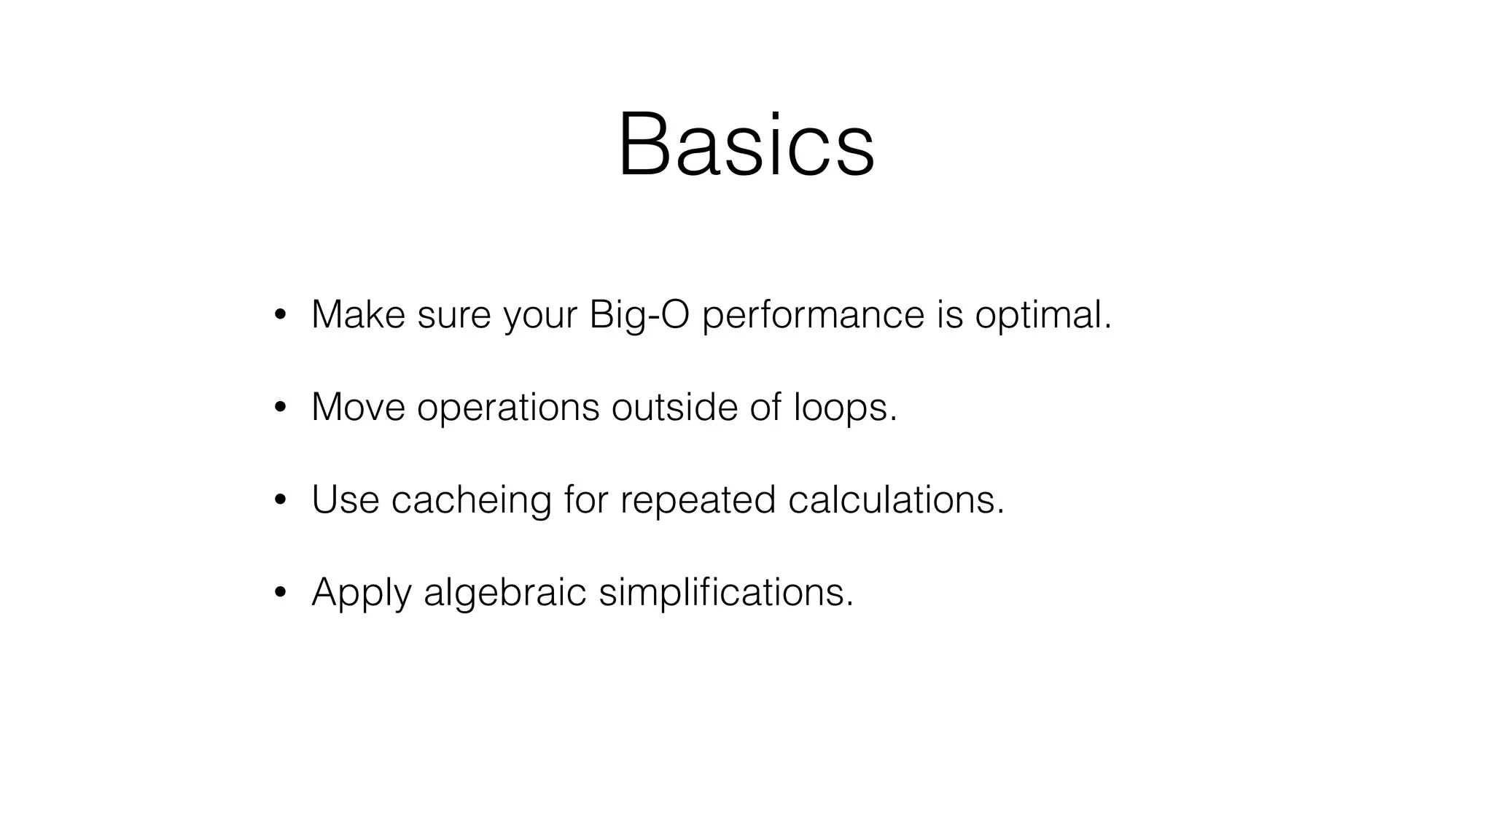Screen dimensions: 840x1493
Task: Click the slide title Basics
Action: coord(746,144)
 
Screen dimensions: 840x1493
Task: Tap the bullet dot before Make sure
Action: coord(279,315)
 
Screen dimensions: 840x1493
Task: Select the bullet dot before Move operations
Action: coord(279,408)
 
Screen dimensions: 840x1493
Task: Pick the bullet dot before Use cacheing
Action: coord(279,500)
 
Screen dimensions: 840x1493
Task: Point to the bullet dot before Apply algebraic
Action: coord(279,592)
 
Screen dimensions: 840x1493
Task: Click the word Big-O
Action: coord(639,315)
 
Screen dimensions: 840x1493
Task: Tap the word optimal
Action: coord(1043,315)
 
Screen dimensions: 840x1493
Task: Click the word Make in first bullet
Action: coord(358,315)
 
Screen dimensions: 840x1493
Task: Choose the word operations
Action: coord(508,408)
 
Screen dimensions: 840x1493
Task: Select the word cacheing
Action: coord(471,500)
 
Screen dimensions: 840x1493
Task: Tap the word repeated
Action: coord(698,500)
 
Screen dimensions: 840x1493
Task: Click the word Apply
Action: coord(362,592)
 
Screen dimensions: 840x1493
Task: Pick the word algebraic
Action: coord(504,592)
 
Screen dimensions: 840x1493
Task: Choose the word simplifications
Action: coord(725,592)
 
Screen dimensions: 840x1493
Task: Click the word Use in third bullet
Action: coord(346,500)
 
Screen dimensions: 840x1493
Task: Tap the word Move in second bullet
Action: coord(358,408)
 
